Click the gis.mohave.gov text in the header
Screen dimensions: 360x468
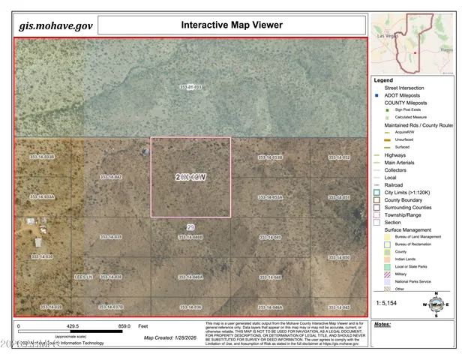click(56, 25)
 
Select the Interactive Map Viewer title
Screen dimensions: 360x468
click(232, 25)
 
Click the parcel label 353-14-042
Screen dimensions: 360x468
click(110, 177)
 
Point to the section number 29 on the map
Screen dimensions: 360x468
click(190, 226)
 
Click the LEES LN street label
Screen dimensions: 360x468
click(82, 277)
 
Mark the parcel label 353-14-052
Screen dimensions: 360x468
click(340, 157)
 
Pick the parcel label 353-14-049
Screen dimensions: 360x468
click(270, 237)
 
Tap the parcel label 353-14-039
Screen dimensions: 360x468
click(110, 237)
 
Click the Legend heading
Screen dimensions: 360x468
click(384, 79)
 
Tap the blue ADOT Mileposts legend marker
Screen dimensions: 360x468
click(377, 95)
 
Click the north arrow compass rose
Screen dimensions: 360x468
click(436, 304)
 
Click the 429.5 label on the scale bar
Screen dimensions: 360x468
click(73, 327)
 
